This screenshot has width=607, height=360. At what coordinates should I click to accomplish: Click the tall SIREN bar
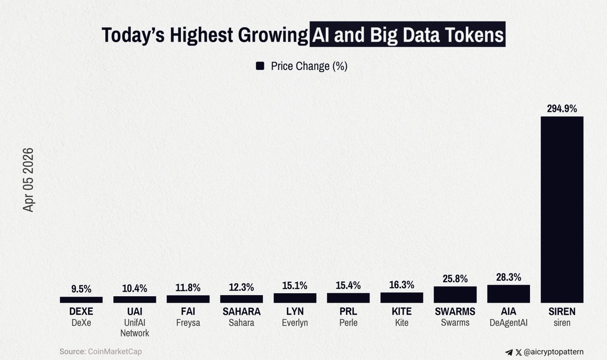pyautogui.click(x=562, y=210)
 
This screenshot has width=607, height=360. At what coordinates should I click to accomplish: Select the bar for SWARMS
pyautogui.click(x=455, y=295)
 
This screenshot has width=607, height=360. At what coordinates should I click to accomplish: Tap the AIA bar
pyautogui.click(x=508, y=294)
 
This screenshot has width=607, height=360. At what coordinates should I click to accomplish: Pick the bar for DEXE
pyautogui.click(x=81, y=300)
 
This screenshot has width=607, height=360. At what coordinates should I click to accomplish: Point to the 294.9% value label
pyautogui.click(x=562, y=108)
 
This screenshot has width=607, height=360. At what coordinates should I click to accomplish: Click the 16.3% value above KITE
pyautogui.click(x=402, y=285)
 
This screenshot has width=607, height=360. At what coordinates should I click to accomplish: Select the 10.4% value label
pyautogui.click(x=135, y=288)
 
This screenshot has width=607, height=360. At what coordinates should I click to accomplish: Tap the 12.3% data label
pyautogui.click(x=241, y=287)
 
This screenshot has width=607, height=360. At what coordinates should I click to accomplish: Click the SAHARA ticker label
pyautogui.click(x=241, y=311)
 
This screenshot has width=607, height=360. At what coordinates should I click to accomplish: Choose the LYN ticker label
pyautogui.click(x=295, y=311)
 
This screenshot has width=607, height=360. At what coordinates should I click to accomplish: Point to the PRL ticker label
pyautogui.click(x=348, y=311)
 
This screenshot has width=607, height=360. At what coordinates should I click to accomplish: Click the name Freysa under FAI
pyautogui.click(x=188, y=323)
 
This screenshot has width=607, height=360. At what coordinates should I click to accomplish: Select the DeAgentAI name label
pyautogui.click(x=508, y=323)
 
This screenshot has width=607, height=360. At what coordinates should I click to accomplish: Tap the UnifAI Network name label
pyautogui.click(x=135, y=328)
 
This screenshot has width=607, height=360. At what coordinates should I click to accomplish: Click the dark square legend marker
pyautogui.click(x=261, y=66)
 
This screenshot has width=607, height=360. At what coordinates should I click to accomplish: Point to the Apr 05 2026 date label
pyautogui.click(x=28, y=179)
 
